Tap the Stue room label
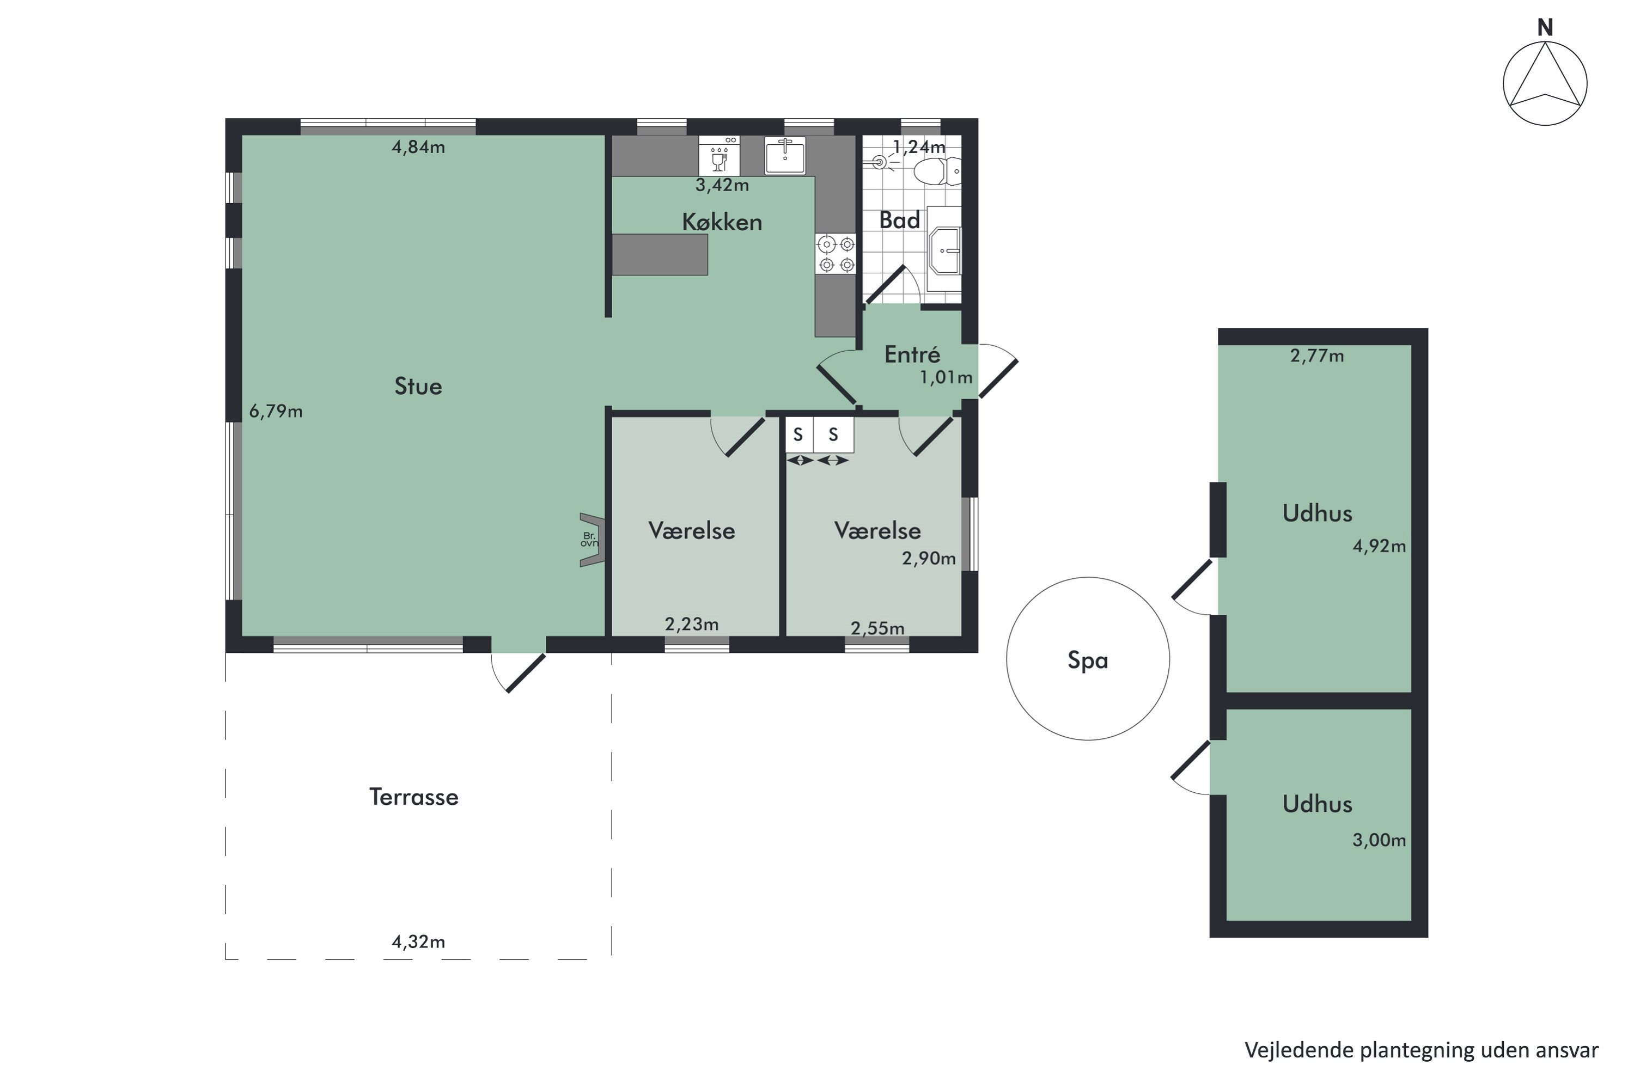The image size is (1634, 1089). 418,386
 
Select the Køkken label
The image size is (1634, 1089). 722,222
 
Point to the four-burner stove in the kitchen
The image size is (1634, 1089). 836,254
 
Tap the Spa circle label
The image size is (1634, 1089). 1087,660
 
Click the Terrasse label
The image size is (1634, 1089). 413,797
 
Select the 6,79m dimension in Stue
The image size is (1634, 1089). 276,411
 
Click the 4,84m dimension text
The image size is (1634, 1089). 418,147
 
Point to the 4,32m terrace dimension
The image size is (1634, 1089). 418,942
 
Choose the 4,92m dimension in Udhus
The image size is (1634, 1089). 1379,546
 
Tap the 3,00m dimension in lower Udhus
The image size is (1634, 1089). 1379,840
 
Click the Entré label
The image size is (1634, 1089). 912,354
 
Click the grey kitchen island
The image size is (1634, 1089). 659,254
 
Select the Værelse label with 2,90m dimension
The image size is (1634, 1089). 877,530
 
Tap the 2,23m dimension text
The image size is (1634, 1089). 691,625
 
